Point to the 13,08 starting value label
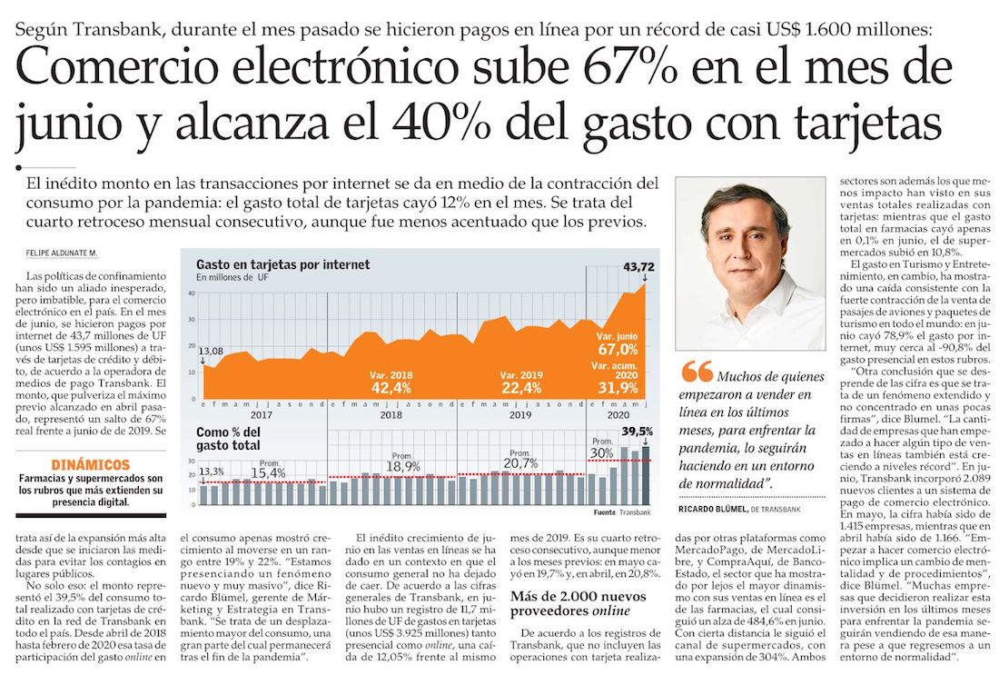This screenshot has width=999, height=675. [x=211, y=352]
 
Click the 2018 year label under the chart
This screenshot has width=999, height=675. [x=391, y=414]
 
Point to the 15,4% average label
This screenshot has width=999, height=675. [x=268, y=472]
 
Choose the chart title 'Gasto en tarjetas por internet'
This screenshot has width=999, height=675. [x=282, y=265]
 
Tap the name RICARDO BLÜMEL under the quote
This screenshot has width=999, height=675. [x=712, y=510]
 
